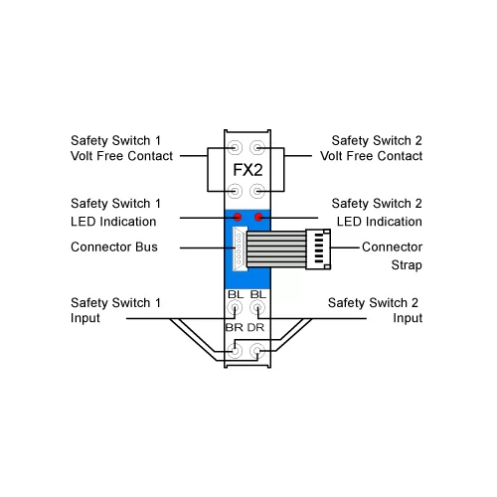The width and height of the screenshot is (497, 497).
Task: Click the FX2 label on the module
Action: click(x=248, y=170)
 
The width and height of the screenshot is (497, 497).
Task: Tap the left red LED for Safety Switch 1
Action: click(x=238, y=217)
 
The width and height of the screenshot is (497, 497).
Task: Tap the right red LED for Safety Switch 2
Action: click(x=258, y=217)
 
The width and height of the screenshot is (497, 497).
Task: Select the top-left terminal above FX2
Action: click(x=235, y=147)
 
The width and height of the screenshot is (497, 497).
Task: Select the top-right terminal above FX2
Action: click(x=257, y=147)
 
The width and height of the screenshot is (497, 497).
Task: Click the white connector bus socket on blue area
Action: click(x=240, y=248)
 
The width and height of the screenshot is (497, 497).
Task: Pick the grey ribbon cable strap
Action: click(x=276, y=249)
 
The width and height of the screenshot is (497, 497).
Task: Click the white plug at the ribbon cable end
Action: click(x=318, y=248)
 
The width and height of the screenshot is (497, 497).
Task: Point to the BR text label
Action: click(x=235, y=328)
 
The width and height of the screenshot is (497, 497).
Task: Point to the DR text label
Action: click(x=255, y=328)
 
